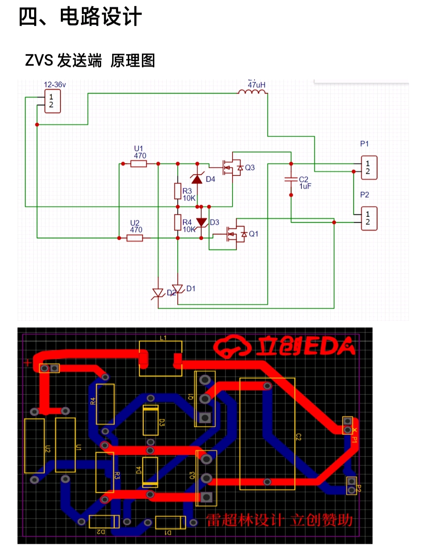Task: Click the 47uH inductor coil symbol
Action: [252, 92]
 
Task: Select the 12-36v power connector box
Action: [52, 101]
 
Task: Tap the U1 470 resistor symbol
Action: [139, 163]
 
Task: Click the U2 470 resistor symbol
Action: [135, 238]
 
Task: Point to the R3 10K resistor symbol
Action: [178, 191]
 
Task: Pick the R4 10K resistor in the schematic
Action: [178, 222]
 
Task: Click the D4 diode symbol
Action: [197, 179]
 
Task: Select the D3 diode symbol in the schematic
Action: [202, 222]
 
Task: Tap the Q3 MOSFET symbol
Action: [233, 167]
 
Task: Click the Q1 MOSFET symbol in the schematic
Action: [237, 234]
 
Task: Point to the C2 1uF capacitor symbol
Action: [291, 179]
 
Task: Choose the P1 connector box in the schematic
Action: [369, 167]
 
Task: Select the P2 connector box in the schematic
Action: [369, 218]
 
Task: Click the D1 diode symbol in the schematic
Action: [177, 289]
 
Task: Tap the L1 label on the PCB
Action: [163, 338]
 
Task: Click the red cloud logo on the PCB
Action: [232, 346]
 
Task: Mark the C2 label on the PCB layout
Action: [298, 437]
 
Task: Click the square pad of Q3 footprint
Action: [206, 497]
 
